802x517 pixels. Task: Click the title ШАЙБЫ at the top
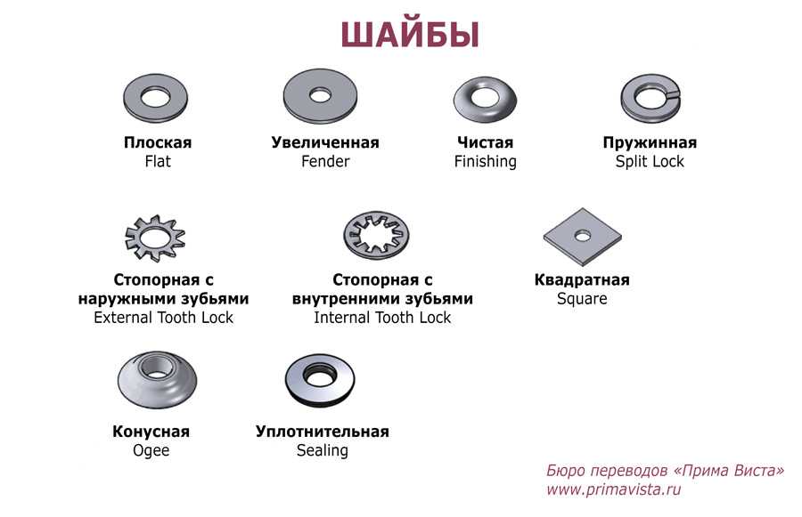point(410,35)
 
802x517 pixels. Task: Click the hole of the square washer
point(582,236)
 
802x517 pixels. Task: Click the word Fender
point(325,161)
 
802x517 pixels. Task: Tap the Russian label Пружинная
point(650,142)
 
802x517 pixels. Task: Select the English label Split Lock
point(650,161)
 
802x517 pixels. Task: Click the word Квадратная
point(582,279)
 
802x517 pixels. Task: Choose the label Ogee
point(151,450)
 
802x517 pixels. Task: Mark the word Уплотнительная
point(323,432)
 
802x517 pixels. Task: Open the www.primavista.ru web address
point(614,489)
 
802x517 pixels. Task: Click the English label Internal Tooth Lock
point(382,318)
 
